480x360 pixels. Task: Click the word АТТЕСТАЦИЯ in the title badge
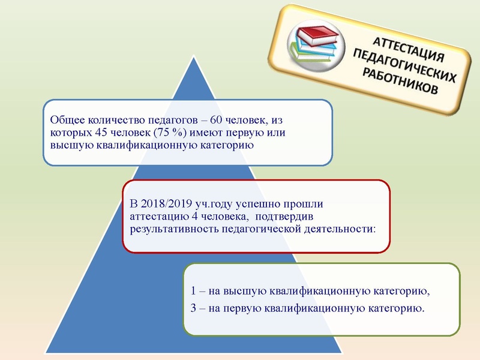click(x=409, y=50)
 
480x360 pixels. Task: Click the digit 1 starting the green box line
click(x=194, y=292)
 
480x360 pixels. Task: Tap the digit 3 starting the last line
click(x=194, y=308)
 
